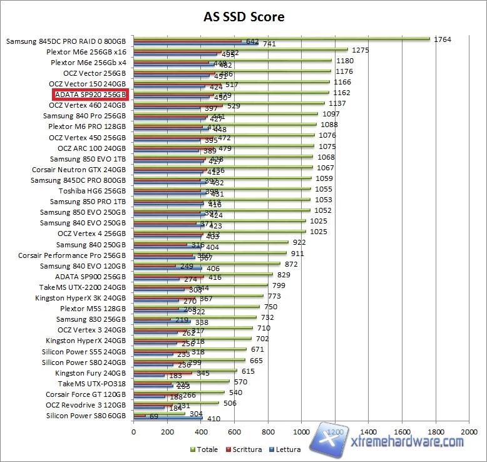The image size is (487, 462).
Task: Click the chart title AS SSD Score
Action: pyautogui.click(x=243, y=16)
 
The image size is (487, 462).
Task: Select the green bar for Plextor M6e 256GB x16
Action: pyautogui.click(x=240, y=49)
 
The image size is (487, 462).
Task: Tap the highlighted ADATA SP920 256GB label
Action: pyautogui.click(x=90, y=95)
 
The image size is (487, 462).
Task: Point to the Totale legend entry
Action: pyautogui.click(x=205, y=449)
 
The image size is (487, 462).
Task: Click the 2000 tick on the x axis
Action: pyautogui.click(x=469, y=432)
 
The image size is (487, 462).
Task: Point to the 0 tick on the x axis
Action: pyautogui.click(x=133, y=432)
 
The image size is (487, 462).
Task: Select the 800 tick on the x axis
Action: pyautogui.click(x=268, y=432)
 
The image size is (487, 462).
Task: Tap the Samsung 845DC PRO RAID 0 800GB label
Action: pyautogui.click(x=66, y=41)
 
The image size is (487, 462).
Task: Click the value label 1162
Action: pyautogui.click(x=341, y=93)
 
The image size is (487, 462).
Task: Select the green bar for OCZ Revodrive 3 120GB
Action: pyautogui.click(x=176, y=402)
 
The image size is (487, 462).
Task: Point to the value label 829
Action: pyautogui.click(x=284, y=274)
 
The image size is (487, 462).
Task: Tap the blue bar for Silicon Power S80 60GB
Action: pyautogui.click(x=168, y=419)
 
